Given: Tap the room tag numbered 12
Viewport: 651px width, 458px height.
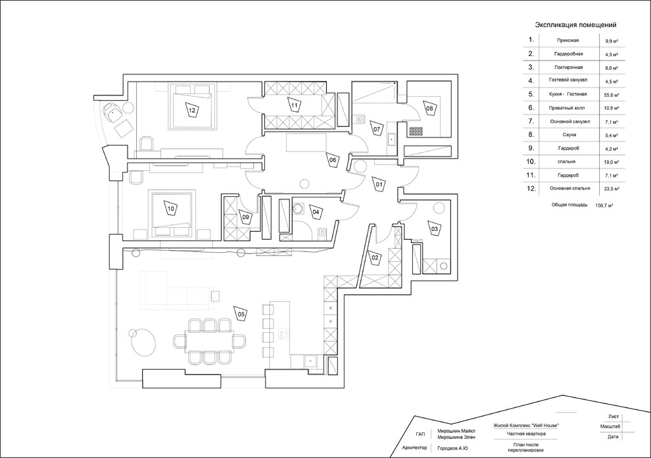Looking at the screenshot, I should coord(192,111).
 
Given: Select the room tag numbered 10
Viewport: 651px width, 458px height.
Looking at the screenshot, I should coord(170,209).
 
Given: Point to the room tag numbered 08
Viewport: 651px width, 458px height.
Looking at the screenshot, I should coord(429,108).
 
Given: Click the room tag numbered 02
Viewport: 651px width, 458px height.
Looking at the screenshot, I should coord(374,258).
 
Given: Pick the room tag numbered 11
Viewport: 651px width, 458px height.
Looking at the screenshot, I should coord(295,105).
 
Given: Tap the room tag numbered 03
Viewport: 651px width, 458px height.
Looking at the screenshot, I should coord(435,228).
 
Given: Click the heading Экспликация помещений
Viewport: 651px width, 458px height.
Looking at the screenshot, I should coord(575,24).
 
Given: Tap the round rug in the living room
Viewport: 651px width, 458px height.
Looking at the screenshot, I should coord(142,342).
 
